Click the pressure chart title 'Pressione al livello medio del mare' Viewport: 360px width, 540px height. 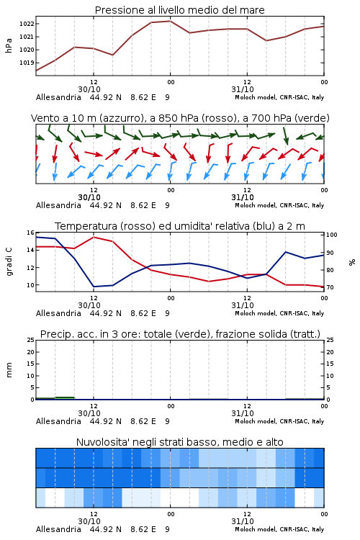[x=179, y=10]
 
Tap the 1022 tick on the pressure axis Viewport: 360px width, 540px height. [x=27, y=24]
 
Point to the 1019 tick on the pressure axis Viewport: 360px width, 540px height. [x=27, y=63]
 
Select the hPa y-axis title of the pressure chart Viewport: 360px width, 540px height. [x=9, y=45]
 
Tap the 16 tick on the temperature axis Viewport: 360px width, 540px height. [x=30, y=233]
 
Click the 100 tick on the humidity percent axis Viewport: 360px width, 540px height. [x=332, y=235]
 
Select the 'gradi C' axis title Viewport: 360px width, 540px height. [x=9, y=261]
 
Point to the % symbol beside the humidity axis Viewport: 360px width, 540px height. [x=352, y=262]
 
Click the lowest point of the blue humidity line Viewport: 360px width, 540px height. [x=94, y=287]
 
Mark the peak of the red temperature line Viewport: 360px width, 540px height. [x=94, y=237]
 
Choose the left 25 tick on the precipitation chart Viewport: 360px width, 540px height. [x=30, y=341]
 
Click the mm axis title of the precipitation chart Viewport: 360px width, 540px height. [x=9, y=370]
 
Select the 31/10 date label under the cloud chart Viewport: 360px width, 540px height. [x=243, y=521]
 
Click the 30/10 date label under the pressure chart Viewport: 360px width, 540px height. [x=89, y=89]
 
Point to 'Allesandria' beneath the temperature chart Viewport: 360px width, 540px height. [x=58, y=313]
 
